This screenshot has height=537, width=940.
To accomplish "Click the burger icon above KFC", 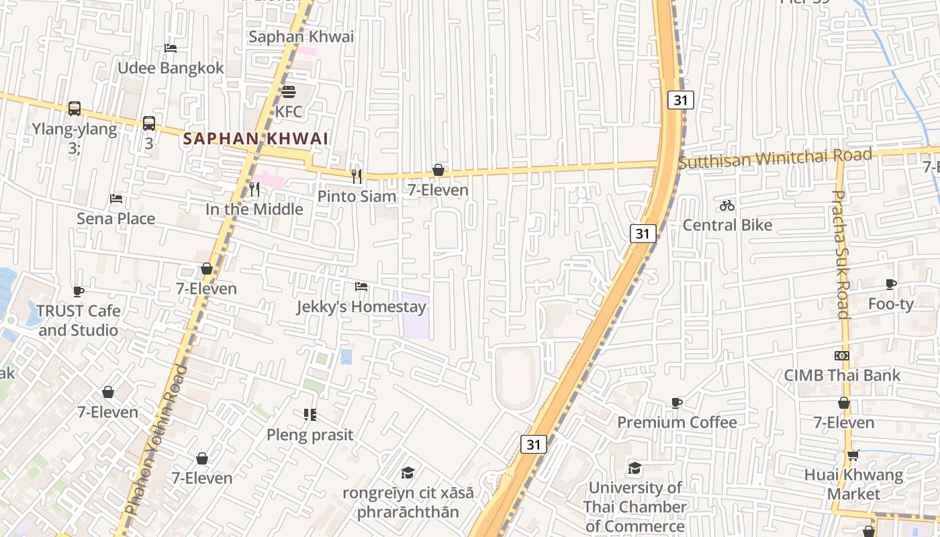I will [289, 91].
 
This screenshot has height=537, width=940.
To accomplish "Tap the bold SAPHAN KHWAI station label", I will [256, 139].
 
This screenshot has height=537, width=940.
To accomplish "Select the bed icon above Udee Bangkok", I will [171, 48].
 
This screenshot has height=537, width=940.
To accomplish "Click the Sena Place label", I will [115, 219].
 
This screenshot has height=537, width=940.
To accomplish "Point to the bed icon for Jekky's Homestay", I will [361, 287].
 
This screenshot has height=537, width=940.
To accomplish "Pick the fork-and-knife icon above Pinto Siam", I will [357, 176].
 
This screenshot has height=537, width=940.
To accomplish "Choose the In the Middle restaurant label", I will [254, 209].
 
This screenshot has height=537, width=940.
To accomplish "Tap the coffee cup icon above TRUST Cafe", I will [79, 291].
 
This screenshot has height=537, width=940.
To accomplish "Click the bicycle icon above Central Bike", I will [727, 205].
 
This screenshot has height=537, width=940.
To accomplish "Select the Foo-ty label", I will [891, 304].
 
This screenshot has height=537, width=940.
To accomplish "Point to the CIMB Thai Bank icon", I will [842, 355].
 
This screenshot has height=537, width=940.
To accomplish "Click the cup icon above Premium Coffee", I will [677, 403].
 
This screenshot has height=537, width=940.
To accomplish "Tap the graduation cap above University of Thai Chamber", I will [634, 468].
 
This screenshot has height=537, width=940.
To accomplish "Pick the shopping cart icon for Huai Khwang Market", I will [853, 455].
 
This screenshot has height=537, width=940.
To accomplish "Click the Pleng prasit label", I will [310, 435].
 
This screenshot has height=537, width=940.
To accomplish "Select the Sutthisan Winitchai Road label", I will [775, 158].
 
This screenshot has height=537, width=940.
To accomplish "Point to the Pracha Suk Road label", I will [841, 254].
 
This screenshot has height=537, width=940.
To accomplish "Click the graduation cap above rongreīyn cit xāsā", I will [408, 473].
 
